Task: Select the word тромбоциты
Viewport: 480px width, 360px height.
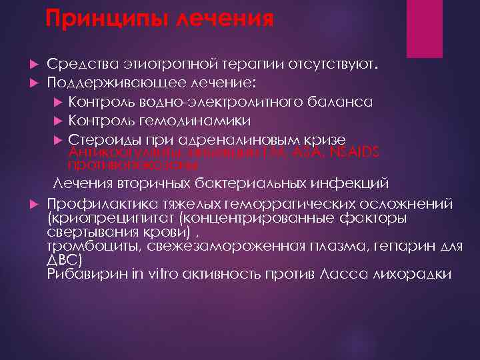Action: point(85,248)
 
